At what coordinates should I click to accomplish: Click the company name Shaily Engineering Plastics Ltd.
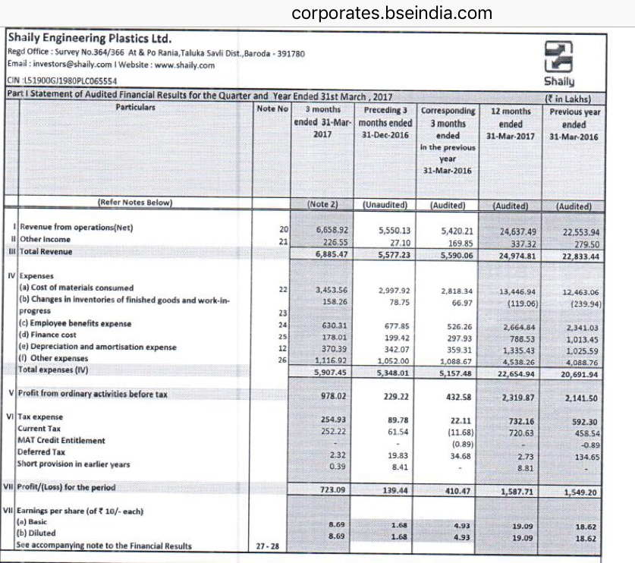[x=90, y=39]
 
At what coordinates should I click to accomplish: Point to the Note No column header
[x=272, y=109]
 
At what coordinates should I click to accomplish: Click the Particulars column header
[x=135, y=108]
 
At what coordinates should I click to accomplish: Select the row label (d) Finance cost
[x=48, y=335]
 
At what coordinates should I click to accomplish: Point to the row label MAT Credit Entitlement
[x=61, y=440]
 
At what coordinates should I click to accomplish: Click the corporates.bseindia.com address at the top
[x=391, y=13]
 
